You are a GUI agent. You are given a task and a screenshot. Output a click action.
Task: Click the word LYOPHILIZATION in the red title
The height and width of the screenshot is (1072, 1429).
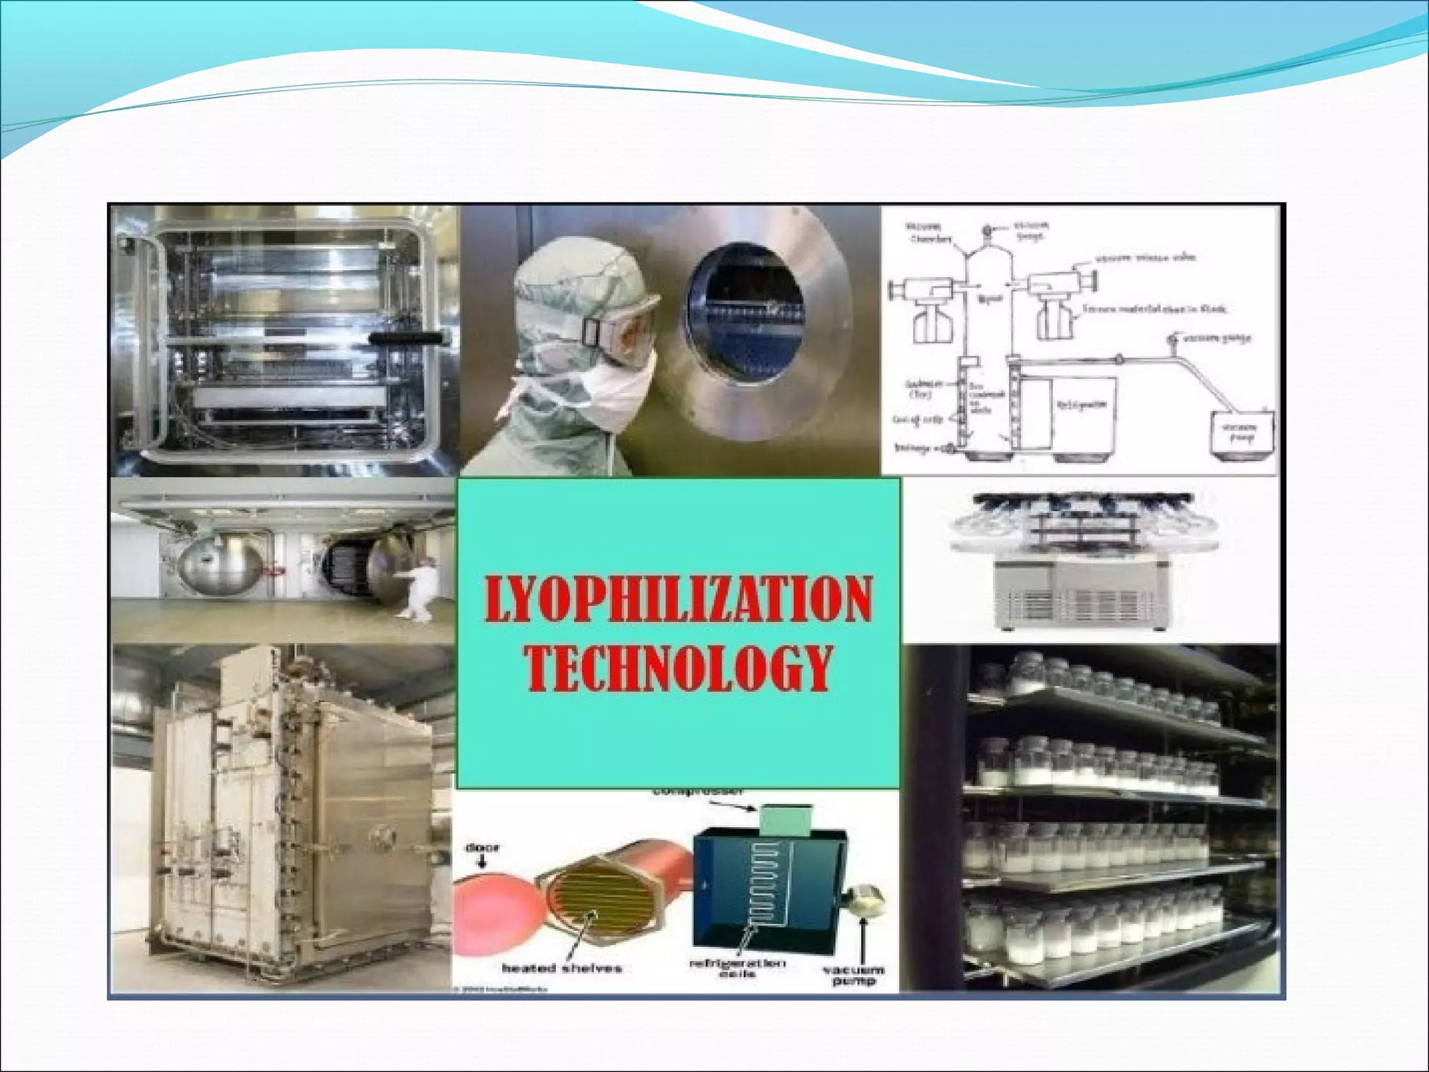678,600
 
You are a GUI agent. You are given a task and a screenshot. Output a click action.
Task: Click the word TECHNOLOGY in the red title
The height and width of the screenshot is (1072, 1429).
678,668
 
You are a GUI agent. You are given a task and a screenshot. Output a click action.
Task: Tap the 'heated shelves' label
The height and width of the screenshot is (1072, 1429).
561,968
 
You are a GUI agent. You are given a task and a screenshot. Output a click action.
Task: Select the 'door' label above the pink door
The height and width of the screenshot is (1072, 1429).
482,848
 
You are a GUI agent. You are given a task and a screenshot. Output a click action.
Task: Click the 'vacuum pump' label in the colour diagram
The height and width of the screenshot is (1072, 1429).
853,975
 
